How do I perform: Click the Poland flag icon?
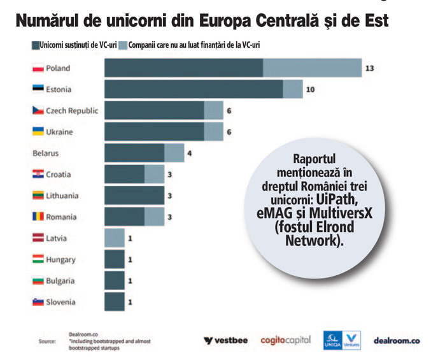click(x=38, y=68)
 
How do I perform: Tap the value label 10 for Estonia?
click(x=310, y=89)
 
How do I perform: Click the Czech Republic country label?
click(x=72, y=111)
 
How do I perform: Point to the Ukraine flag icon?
click(x=38, y=132)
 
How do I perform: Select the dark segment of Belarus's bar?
click(x=134, y=153)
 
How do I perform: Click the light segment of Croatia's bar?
click(x=154, y=174)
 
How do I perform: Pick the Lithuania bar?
click(x=134, y=196)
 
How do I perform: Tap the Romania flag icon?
click(x=38, y=217)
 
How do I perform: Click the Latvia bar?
click(x=115, y=238)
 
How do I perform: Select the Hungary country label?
click(x=60, y=259)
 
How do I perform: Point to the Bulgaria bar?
click(x=115, y=280)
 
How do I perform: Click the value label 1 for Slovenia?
click(x=131, y=301)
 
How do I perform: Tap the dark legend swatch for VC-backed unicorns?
click(x=35, y=46)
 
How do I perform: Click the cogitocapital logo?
click(x=285, y=340)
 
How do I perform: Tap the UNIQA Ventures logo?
click(x=342, y=340)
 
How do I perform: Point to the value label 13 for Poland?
click(x=369, y=68)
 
